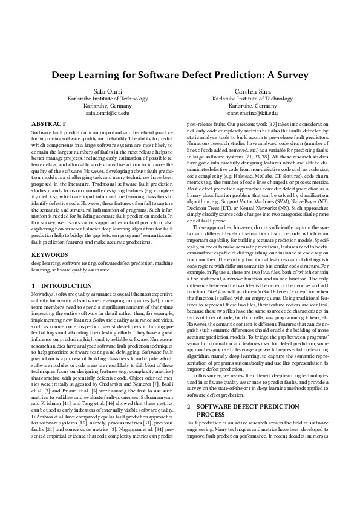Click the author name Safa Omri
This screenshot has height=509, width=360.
108,90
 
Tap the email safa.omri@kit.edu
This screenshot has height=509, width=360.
108,112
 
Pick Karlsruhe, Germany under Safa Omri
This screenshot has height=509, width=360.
108,105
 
